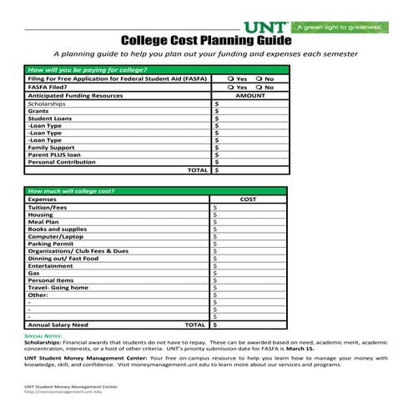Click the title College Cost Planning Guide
pos(206,40)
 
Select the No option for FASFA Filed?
pos(259,87)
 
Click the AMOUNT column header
pos(249,96)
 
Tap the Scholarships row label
pos(47,103)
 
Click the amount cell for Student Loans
pos(250,118)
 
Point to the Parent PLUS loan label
pos(54,154)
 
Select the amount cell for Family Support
pos(250,147)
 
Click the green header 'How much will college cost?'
pos(72,191)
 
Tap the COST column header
pos(249,199)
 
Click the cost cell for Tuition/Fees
pos(250,207)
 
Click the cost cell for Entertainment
pos(250,265)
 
